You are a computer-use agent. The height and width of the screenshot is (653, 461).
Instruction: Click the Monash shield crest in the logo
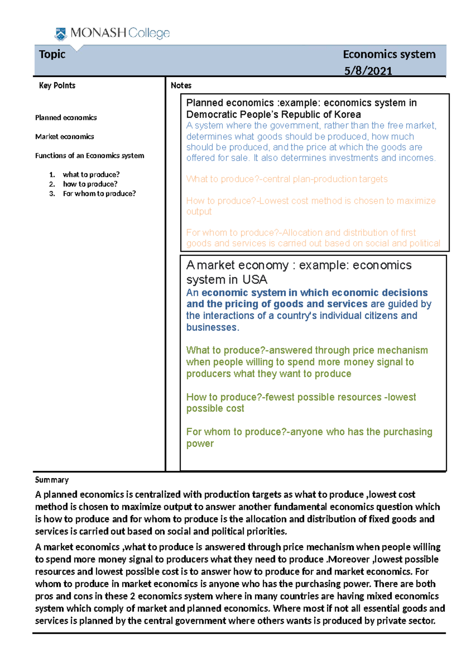[60, 34]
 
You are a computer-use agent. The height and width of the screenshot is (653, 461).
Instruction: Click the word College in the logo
[149, 33]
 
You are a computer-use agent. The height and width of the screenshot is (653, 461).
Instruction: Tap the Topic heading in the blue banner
[52, 54]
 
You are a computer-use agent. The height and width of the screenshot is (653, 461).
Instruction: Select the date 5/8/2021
[368, 71]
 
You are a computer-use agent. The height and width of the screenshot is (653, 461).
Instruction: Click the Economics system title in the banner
[389, 54]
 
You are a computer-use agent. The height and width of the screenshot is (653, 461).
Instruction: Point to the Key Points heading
[57, 85]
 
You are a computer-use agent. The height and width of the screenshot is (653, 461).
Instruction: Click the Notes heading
[181, 85]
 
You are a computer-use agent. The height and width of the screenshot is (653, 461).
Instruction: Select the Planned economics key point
[66, 118]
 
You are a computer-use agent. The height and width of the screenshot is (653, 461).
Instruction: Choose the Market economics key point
[65, 137]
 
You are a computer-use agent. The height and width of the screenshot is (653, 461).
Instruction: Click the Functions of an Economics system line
[90, 156]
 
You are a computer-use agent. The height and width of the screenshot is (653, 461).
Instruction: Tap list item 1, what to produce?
[91, 175]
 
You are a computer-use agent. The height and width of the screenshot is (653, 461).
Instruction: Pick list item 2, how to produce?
[90, 184]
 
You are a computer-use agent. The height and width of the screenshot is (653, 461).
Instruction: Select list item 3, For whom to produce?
[99, 194]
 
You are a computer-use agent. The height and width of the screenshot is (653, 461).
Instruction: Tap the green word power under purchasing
[200, 444]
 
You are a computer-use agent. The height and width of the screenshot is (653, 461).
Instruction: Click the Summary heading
[51, 480]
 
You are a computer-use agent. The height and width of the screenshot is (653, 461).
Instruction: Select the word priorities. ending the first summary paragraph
[265, 531]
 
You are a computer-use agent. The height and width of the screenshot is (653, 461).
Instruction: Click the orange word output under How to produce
[199, 212]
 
